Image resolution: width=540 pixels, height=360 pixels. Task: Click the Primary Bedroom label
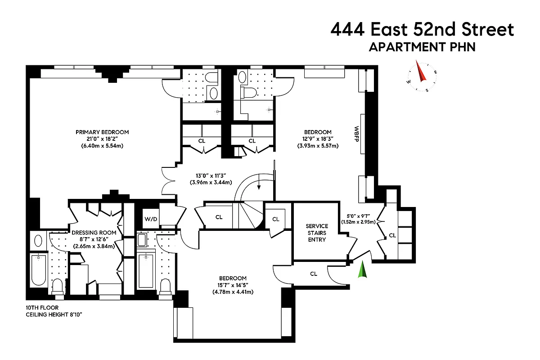[x=102, y=132]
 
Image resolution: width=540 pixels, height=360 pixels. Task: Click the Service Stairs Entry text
[x=317, y=233]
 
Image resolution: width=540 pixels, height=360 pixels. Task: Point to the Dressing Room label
[x=94, y=233]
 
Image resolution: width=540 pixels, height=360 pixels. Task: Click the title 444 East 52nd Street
[x=422, y=29]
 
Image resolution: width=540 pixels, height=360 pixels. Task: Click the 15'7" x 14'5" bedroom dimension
[x=233, y=285]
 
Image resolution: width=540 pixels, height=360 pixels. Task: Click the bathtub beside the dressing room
[x=39, y=270]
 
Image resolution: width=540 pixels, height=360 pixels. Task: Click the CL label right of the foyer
[x=392, y=235]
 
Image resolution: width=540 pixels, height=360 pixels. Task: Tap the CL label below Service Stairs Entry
[x=313, y=274]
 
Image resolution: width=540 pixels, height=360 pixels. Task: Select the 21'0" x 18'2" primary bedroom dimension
[x=102, y=139]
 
